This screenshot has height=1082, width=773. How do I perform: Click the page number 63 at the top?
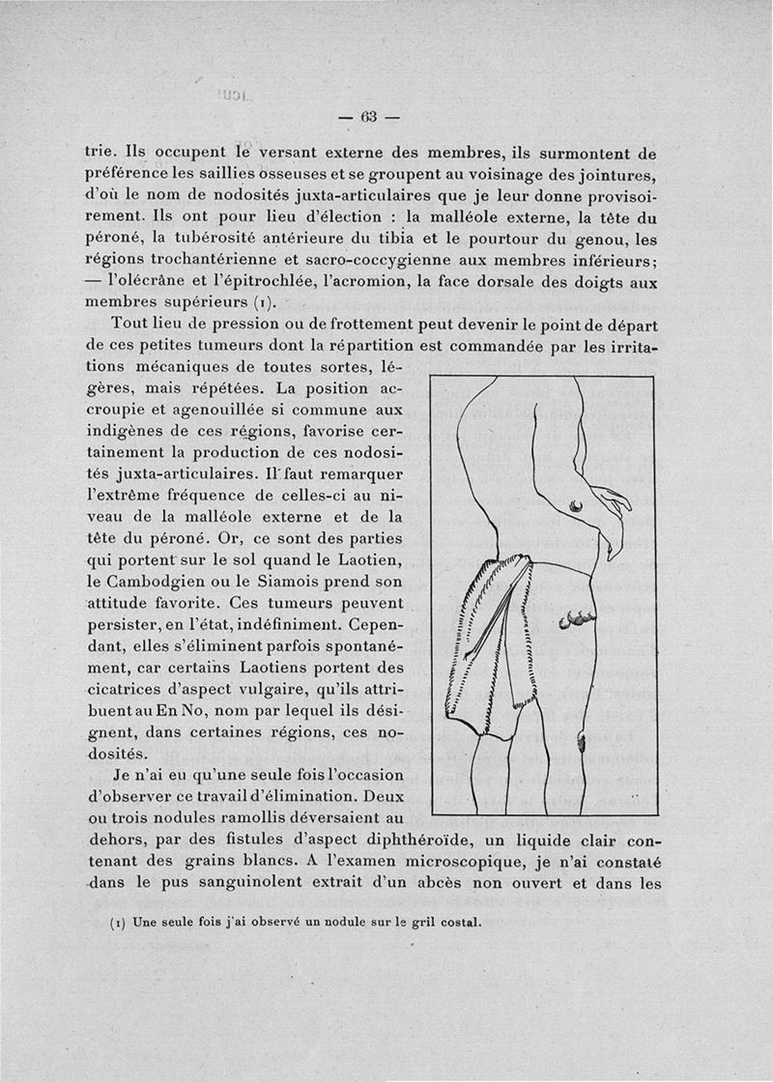coord(368,118)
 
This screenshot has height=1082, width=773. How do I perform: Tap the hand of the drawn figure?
coord(607,512)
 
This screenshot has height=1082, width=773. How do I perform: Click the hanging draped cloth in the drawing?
coord(488,647)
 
